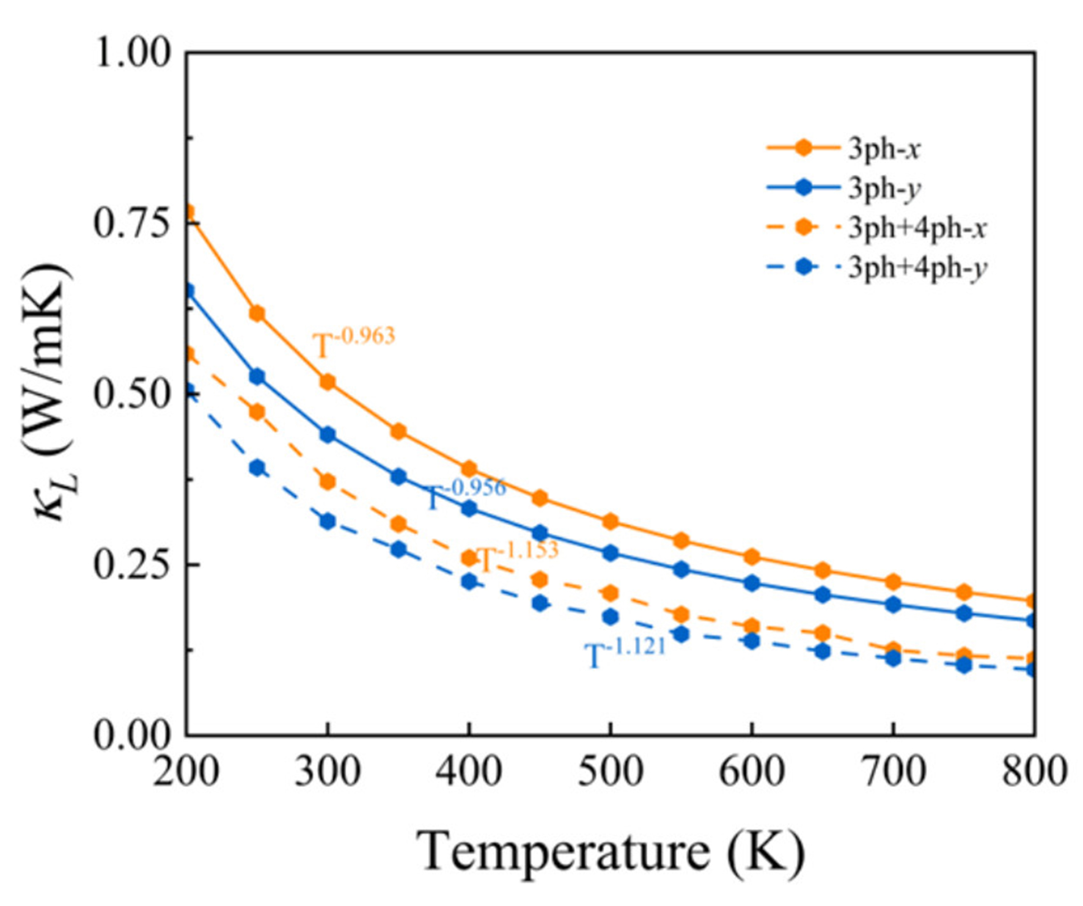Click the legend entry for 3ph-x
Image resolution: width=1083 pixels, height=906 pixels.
[x=884, y=148]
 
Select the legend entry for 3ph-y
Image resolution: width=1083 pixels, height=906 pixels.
[x=884, y=188]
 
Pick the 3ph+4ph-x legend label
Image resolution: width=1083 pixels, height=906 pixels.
[x=917, y=228]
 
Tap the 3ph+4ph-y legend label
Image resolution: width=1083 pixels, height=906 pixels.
[x=917, y=268]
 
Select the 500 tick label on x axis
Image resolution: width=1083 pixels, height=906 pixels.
[x=610, y=772]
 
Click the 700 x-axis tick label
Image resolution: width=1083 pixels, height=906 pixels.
[x=893, y=772]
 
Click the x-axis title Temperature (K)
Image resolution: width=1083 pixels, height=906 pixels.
[x=610, y=851]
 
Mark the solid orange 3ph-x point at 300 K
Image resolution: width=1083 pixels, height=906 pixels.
[x=328, y=382]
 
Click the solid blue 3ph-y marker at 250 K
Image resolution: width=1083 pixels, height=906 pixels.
[x=257, y=376]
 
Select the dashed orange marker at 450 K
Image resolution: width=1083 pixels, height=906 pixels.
[x=539, y=579]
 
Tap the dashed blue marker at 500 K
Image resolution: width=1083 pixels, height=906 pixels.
[x=610, y=616]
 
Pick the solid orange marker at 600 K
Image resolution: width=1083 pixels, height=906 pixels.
[x=752, y=557]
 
